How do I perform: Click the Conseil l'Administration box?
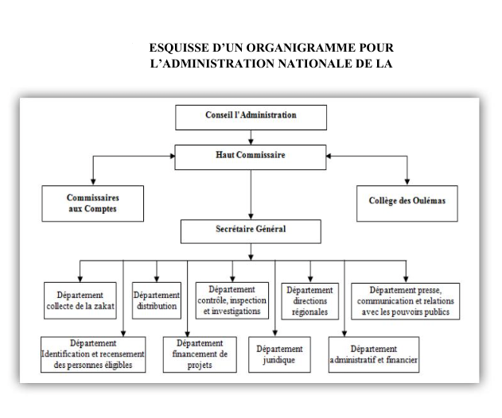(251, 118)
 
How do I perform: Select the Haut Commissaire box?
(251, 157)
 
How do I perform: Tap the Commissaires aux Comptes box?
(93, 203)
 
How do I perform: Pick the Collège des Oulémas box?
(407, 203)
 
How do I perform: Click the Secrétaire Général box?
(251, 231)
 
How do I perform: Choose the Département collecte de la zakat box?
(80, 300)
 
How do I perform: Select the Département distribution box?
(157, 300)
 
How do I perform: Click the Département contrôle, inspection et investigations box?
(232, 300)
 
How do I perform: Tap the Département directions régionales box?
(310, 301)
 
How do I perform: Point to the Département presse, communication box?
(405, 301)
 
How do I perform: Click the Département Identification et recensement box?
(93, 354)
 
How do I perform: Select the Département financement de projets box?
(200, 354)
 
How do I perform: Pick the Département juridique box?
(279, 354)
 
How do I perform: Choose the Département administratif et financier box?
(374, 354)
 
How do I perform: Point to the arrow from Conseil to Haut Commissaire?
(251, 137)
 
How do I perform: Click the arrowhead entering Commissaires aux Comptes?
(93, 182)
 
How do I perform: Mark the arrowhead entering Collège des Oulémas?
(407, 182)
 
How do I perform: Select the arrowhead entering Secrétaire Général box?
(251, 216)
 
